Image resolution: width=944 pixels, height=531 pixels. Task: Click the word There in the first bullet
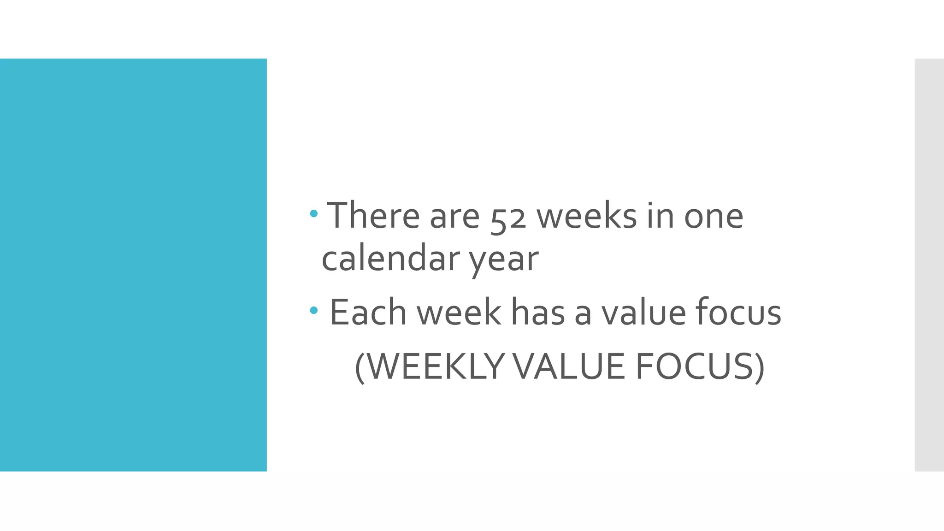click(373, 215)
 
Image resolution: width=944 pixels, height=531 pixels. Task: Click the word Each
click(367, 313)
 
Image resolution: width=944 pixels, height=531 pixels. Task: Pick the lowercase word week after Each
click(459, 313)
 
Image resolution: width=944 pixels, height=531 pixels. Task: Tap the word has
click(538, 313)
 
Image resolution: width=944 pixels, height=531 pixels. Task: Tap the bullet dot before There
click(314, 213)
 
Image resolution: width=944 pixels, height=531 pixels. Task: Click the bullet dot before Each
click(314, 311)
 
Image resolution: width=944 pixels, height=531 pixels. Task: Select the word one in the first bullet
click(714, 216)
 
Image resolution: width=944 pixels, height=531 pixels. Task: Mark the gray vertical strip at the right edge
click(929, 265)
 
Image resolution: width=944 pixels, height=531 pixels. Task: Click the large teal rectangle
click(133, 265)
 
